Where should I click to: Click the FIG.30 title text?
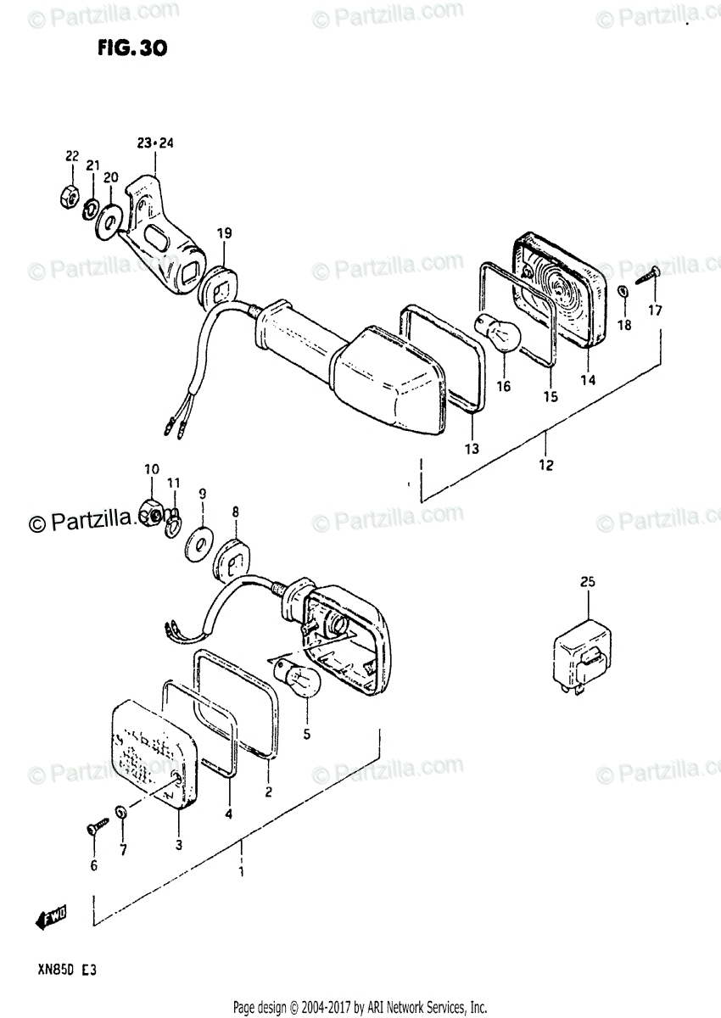click(131, 48)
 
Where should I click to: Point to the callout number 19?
click(223, 233)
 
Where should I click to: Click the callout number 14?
click(588, 380)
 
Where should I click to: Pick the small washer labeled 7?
click(121, 812)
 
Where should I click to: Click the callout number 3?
click(178, 844)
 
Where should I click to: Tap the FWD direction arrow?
click(52, 918)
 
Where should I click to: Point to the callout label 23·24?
click(155, 143)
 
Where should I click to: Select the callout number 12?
click(545, 464)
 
